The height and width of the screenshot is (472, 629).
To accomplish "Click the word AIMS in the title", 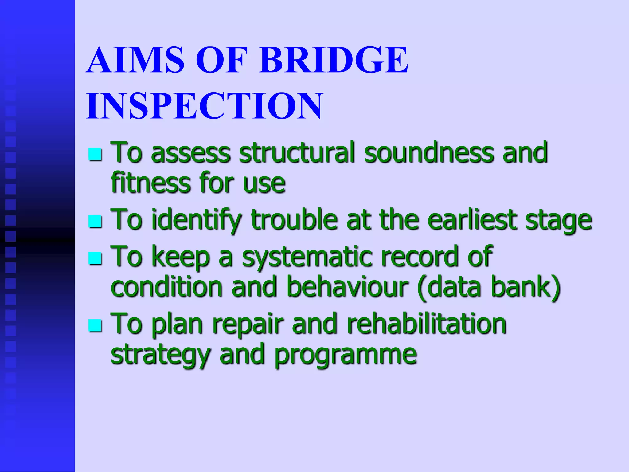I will [135, 60].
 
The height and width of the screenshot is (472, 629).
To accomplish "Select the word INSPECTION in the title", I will [204, 106].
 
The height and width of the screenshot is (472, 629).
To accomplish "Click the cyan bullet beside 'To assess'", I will [95, 154].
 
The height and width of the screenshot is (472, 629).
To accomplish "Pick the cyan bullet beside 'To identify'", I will [95, 221].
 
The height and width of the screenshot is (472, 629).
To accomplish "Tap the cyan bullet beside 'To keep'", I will [95, 258].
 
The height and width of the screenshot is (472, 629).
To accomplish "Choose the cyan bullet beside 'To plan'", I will [95, 326].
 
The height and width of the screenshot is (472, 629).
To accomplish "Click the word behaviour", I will [347, 287].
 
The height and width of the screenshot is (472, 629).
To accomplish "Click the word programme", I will [346, 355].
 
